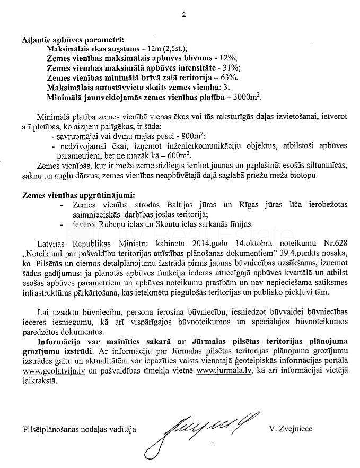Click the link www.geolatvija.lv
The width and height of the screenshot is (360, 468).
50,372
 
